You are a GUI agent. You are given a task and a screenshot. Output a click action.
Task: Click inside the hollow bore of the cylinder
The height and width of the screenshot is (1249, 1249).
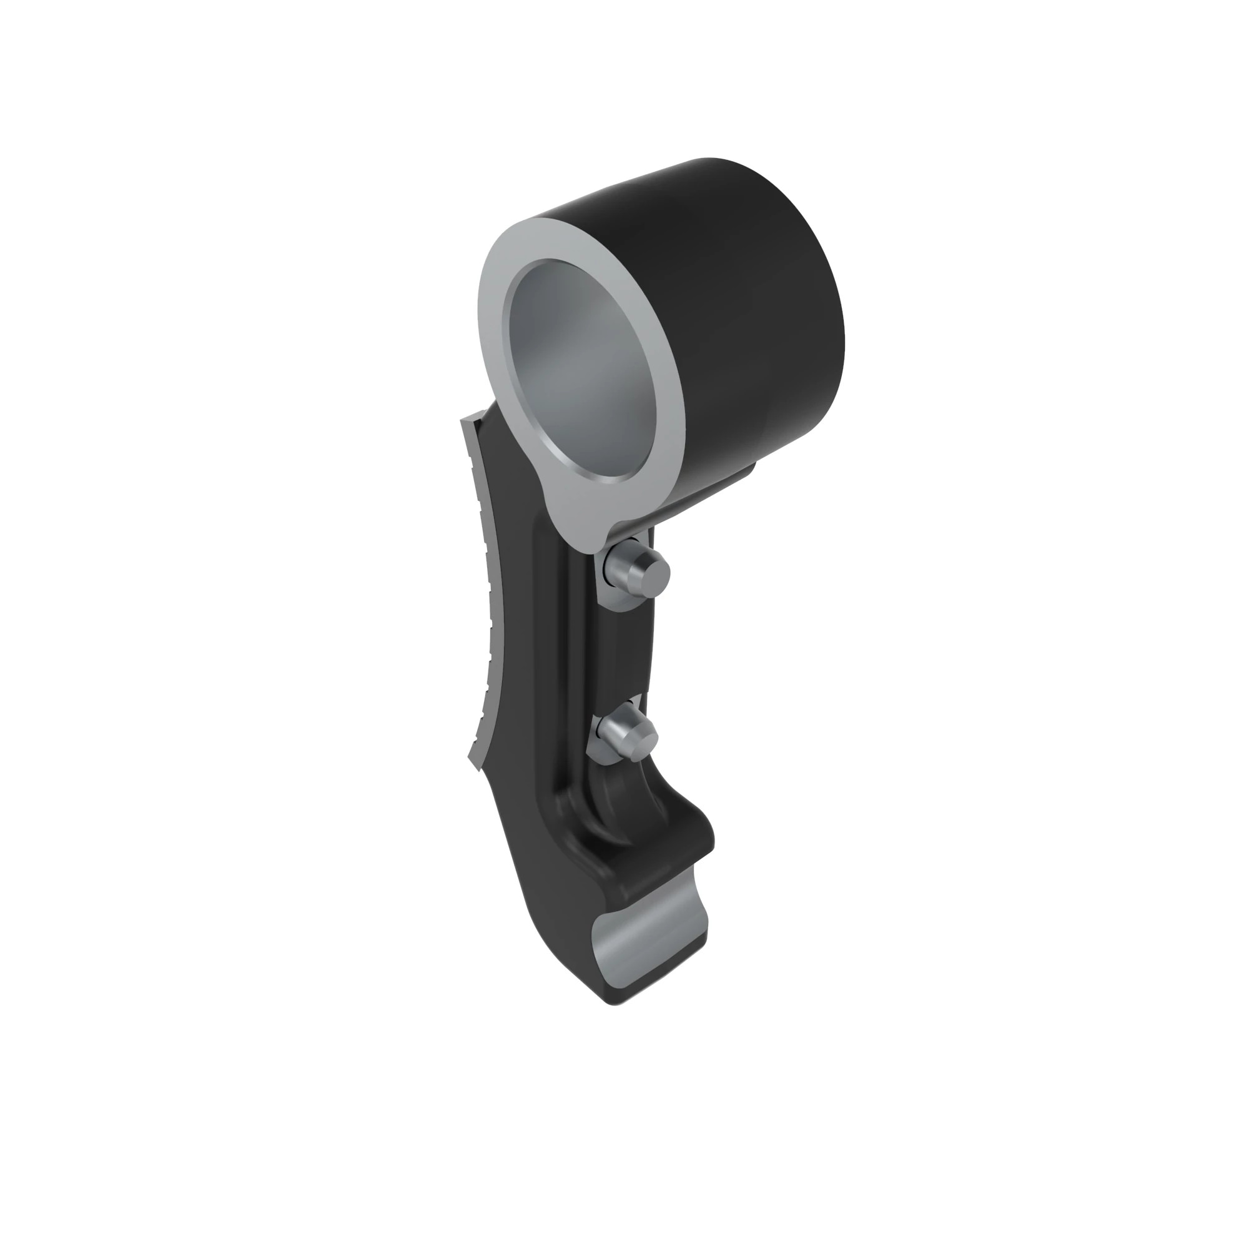click(x=582, y=368)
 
